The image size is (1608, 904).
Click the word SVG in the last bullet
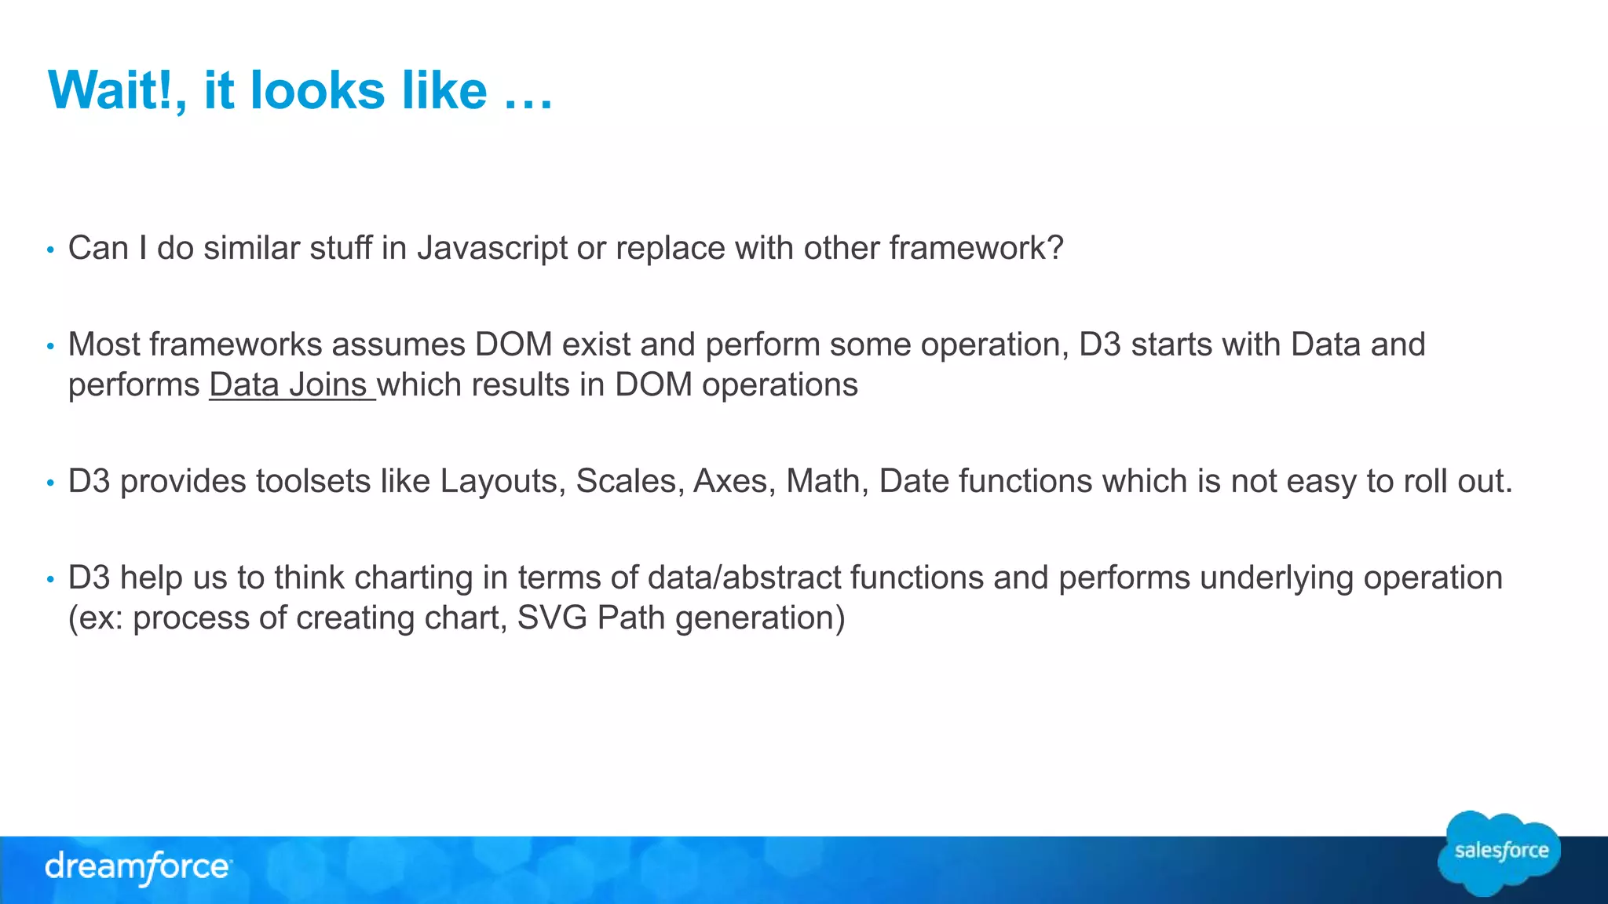click(x=552, y=618)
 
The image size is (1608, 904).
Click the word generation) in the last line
click(x=759, y=618)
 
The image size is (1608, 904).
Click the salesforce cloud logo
click(x=1500, y=852)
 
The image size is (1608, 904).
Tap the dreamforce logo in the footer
click(x=138, y=867)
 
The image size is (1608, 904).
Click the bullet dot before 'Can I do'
click(x=50, y=250)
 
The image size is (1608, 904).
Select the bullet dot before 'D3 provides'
click(x=50, y=483)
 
